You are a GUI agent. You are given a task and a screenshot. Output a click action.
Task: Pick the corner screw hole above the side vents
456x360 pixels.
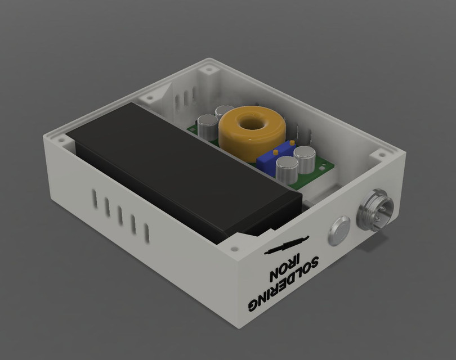click(x=59, y=136)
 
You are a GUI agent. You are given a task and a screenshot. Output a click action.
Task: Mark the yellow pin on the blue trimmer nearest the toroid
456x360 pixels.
click(x=274, y=152)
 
